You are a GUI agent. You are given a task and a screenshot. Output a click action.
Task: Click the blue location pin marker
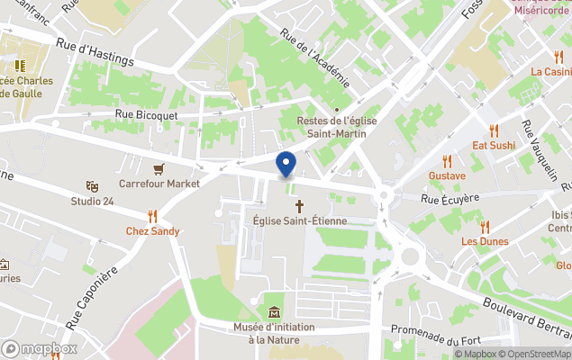click(x=286, y=166)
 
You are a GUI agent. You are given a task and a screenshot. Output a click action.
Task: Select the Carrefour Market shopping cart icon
click(x=159, y=168)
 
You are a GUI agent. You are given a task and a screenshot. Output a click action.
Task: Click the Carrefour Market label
click(x=159, y=184)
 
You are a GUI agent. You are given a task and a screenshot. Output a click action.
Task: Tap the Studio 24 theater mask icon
click(x=92, y=185)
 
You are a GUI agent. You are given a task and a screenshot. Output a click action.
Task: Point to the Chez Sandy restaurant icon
click(x=152, y=216)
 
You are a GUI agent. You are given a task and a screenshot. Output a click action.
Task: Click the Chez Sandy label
click(x=152, y=231)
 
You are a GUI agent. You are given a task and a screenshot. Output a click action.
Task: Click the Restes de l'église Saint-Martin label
click(x=337, y=128)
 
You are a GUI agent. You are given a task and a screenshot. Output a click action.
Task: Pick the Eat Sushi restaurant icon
click(x=494, y=130)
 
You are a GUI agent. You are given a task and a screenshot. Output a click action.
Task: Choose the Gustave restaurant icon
click(x=448, y=160)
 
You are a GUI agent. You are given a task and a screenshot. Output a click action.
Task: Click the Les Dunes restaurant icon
click(x=485, y=227)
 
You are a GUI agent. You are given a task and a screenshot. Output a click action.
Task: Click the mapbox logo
click(x=41, y=348)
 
